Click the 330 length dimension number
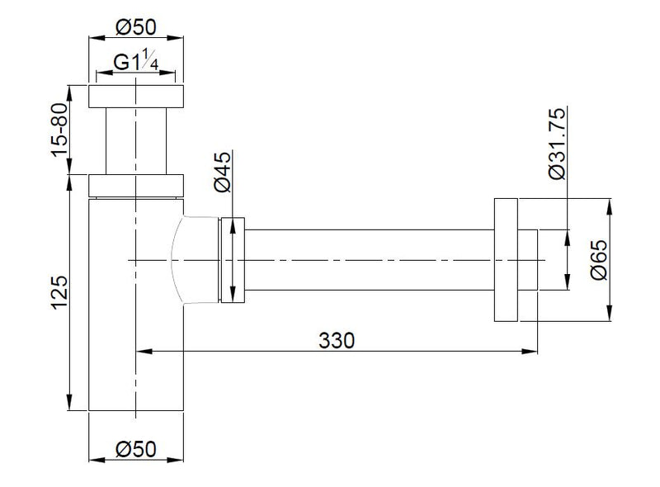tap(337, 340)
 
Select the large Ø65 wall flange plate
tap(505, 260)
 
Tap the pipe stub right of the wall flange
tap(527, 260)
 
